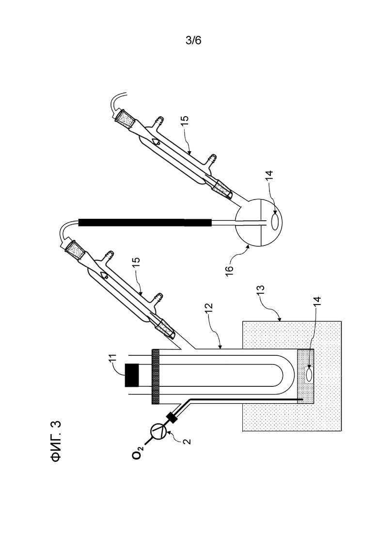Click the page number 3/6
(x=193, y=41)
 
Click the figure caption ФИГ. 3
(x=56, y=442)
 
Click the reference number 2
(x=187, y=442)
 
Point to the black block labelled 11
(x=131, y=375)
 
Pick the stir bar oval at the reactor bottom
(x=309, y=375)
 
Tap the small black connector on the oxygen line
(x=172, y=417)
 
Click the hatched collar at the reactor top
(x=156, y=377)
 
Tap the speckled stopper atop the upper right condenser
(x=124, y=120)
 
